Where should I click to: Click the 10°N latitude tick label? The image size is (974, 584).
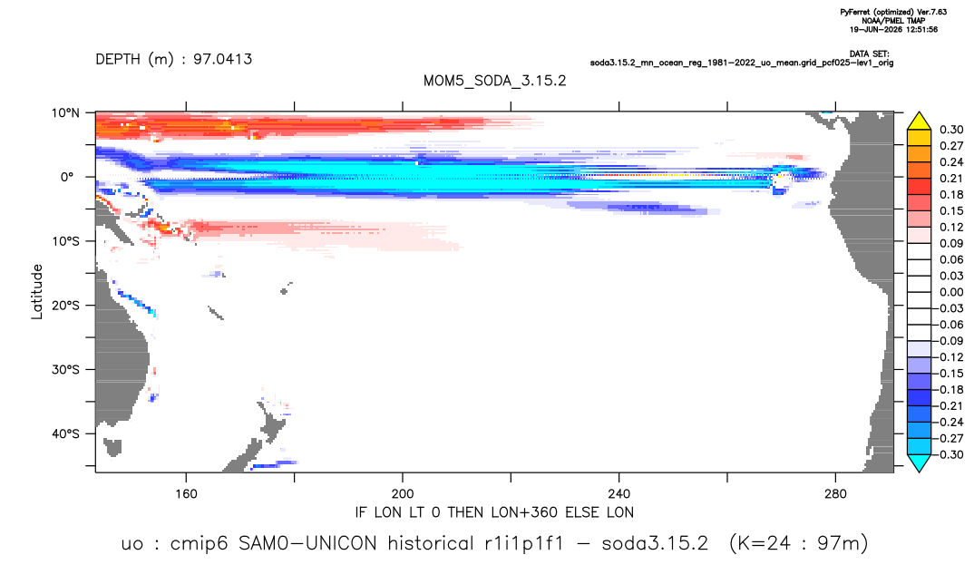click(65, 113)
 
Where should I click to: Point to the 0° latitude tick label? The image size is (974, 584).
click(67, 177)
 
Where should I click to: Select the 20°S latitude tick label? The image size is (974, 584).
click(65, 305)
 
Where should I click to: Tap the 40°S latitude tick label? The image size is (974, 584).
click(65, 433)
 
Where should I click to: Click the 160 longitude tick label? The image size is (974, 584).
click(186, 494)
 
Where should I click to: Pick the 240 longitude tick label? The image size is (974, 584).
click(618, 494)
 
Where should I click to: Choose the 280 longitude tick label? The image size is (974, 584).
click(835, 494)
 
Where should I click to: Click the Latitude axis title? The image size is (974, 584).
click(37, 292)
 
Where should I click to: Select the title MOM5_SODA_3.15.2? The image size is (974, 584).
click(495, 81)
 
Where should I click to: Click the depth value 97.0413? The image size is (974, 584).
click(222, 59)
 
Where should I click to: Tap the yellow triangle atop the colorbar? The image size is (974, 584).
click(919, 121)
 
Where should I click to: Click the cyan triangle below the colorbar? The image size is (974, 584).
click(919, 463)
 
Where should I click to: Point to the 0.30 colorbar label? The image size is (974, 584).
click(951, 130)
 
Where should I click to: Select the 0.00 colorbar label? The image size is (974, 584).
click(951, 292)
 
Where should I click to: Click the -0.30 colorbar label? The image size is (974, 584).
click(950, 454)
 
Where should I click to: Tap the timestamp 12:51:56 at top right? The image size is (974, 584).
click(917, 29)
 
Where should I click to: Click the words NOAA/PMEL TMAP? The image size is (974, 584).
click(894, 21)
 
